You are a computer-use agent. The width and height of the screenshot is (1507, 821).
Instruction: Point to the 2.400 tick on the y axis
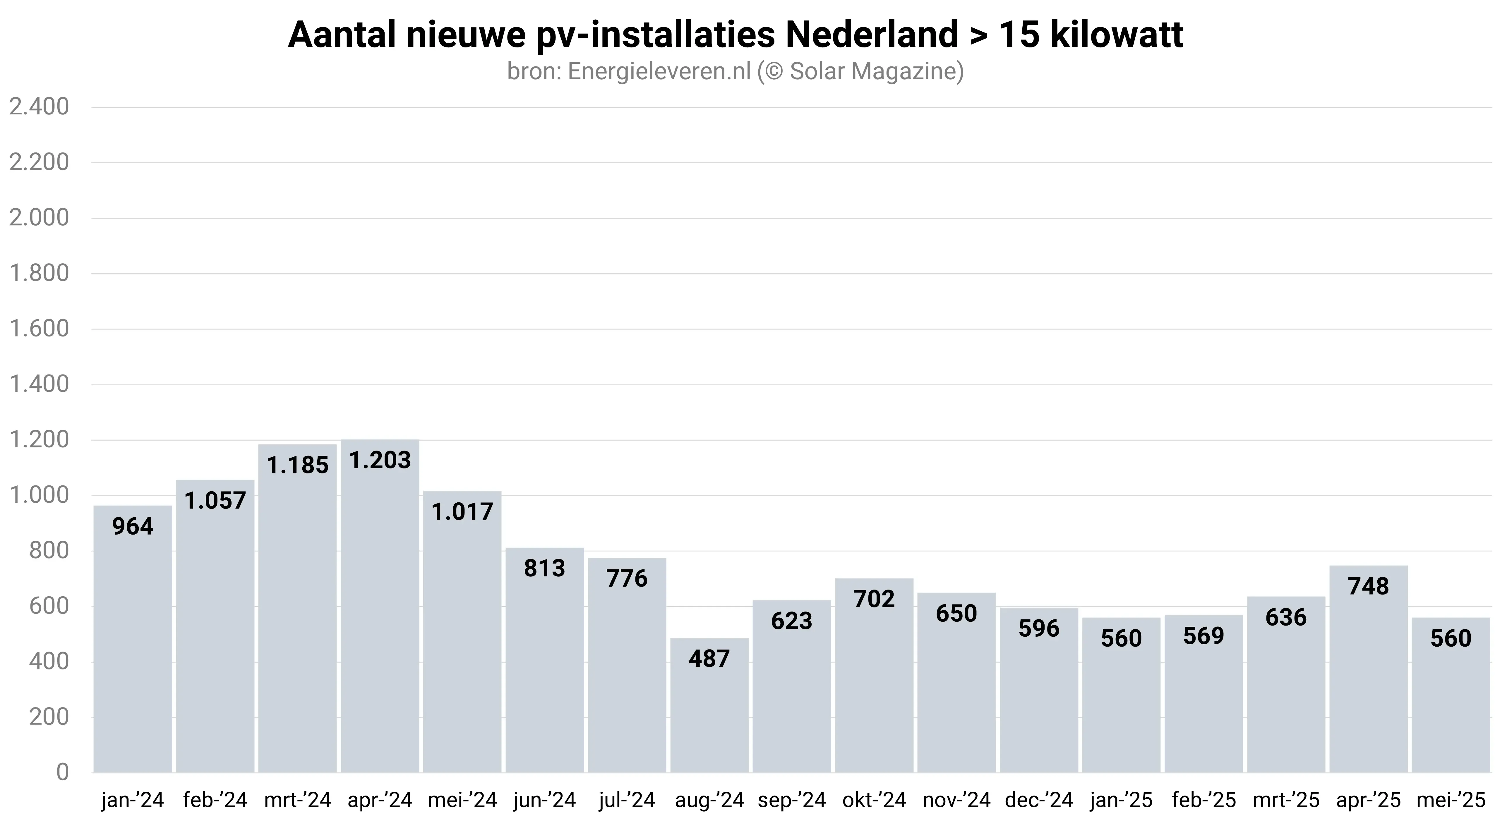[39, 107]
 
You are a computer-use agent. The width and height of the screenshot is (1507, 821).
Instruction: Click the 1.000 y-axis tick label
[39, 495]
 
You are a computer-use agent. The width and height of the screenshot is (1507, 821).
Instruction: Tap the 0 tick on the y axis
[62, 772]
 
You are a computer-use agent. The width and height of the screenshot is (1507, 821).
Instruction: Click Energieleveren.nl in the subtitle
[659, 71]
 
